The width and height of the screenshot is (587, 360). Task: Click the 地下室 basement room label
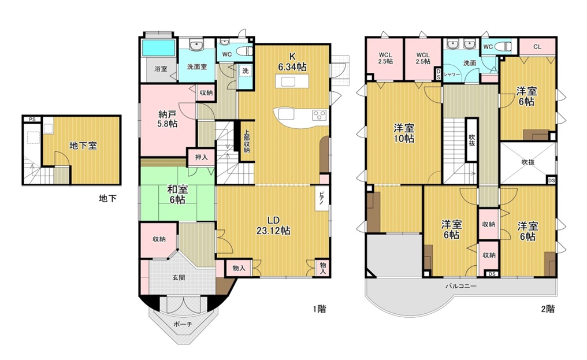click(83, 146)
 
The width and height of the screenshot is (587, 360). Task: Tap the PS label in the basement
click(32, 120)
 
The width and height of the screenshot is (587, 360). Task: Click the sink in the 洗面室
click(196, 45)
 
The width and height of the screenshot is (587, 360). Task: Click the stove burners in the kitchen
click(319, 114)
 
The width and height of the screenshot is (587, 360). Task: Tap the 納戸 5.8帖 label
click(168, 119)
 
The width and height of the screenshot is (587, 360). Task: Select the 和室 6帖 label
click(177, 194)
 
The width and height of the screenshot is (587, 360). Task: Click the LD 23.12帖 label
click(273, 225)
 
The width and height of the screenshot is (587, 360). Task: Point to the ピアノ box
click(322, 199)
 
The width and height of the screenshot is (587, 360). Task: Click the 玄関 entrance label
click(179, 277)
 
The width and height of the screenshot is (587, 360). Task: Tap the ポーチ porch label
click(183, 324)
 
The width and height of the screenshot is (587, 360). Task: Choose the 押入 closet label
click(201, 158)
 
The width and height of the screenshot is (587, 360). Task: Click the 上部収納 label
click(247, 141)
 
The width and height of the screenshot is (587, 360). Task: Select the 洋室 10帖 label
click(404, 133)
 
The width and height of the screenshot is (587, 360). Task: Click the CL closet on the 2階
click(537, 47)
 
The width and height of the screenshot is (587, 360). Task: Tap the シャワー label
click(451, 74)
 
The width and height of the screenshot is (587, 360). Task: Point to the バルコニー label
click(461, 287)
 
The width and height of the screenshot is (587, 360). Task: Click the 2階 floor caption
click(548, 309)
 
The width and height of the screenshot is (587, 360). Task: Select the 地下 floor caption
click(107, 199)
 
